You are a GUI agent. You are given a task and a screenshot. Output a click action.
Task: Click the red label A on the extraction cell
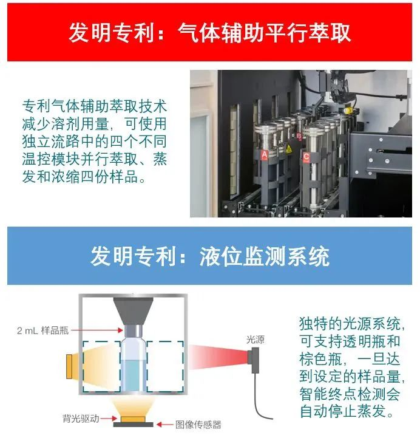tap(264, 155)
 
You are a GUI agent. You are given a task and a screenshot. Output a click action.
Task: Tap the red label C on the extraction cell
tap(307, 157)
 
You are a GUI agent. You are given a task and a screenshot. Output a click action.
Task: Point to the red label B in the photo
tap(298, 136)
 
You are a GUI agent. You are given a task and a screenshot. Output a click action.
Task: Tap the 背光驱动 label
tap(80, 419)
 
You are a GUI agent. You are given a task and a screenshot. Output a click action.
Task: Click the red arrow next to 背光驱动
tap(109, 419)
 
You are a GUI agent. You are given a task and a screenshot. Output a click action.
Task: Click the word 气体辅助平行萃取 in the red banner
tap(267, 32)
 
